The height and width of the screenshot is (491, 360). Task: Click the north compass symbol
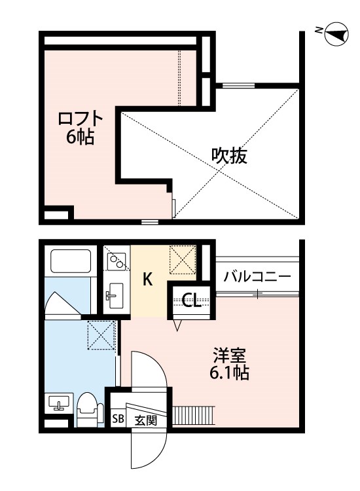pyautogui.click(x=335, y=33)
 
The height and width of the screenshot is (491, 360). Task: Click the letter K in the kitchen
pyautogui.click(x=148, y=280)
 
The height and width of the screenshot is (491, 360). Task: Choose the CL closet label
pyautogui.click(x=192, y=300)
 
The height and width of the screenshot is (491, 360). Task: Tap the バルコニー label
pyautogui.click(x=257, y=276)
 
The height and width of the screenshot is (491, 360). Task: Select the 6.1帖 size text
pyautogui.click(x=228, y=374)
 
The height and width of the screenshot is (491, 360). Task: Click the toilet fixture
pyautogui.click(x=88, y=409)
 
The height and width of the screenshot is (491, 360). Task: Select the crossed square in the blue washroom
pyautogui.click(x=101, y=336)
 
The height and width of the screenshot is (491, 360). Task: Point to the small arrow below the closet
pyautogui.click(x=177, y=325)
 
